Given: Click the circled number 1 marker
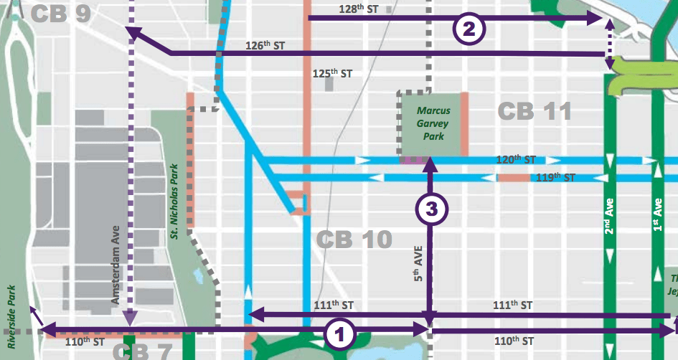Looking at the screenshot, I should point(339,333).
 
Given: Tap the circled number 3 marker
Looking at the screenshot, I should point(432,208).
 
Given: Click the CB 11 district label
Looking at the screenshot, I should point(535,111).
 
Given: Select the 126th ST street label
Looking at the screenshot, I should point(265,45).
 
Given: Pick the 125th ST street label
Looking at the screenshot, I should point(332,73).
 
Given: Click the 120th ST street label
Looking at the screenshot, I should point(515,158).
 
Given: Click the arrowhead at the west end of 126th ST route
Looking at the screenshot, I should point(131,32).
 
